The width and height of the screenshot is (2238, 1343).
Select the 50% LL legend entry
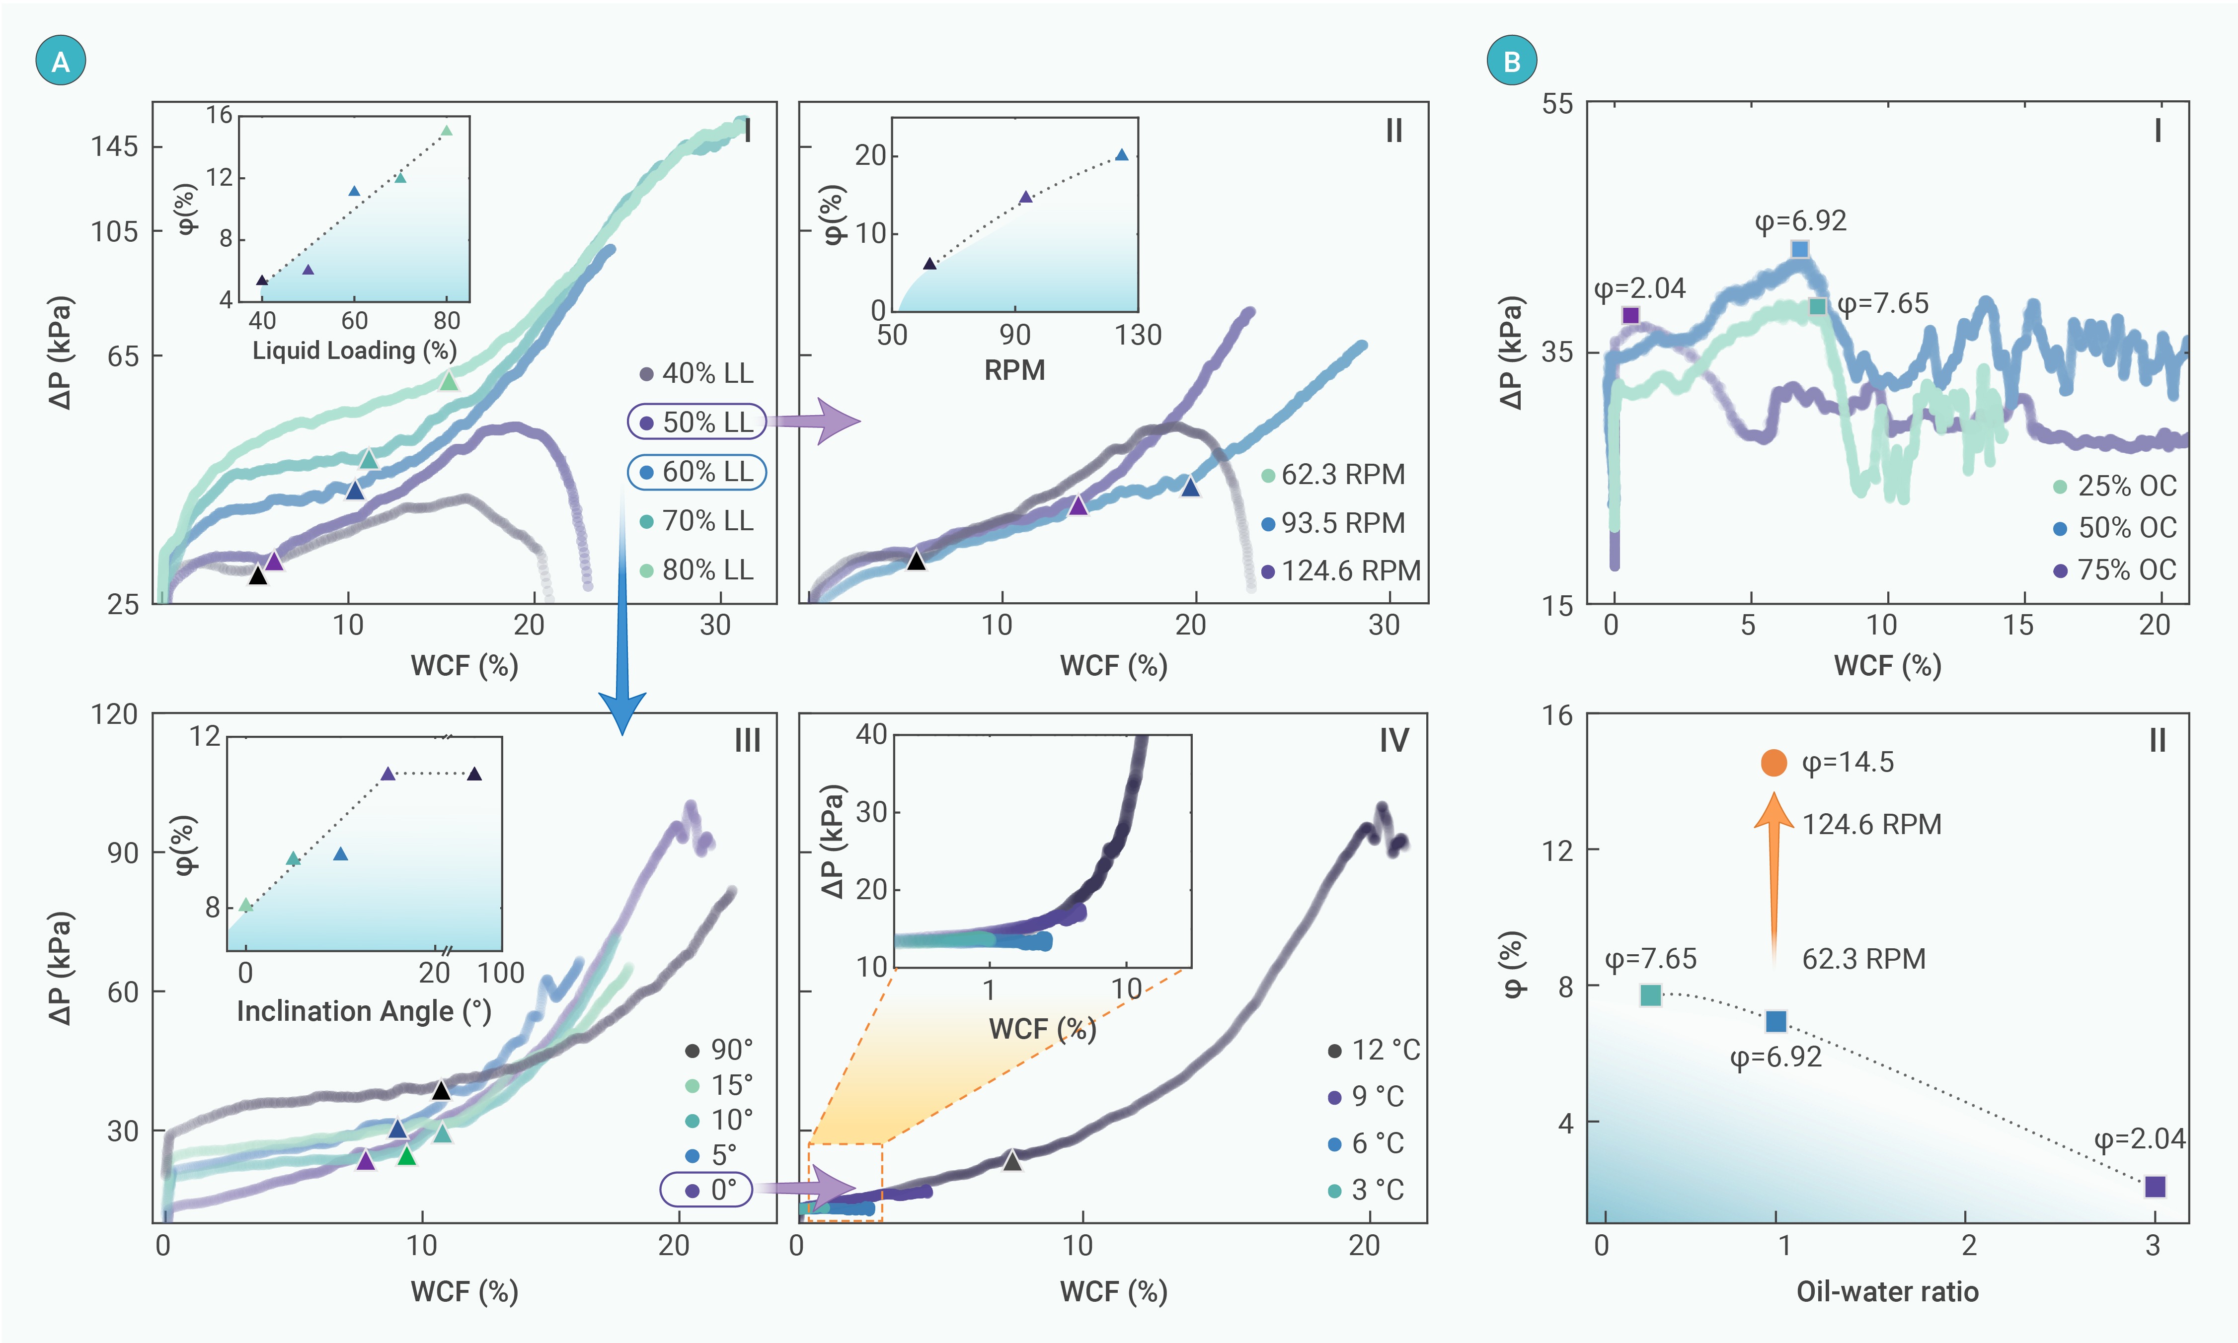[697, 422]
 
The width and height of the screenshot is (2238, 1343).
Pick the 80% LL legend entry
[697, 570]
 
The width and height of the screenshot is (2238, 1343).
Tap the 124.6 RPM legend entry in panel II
[1342, 571]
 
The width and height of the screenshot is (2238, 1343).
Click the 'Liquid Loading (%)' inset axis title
[354, 350]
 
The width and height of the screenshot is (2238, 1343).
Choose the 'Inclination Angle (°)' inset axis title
[363, 1011]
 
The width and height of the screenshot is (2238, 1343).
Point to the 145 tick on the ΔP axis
[114, 146]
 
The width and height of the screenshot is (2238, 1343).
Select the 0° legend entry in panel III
[706, 1189]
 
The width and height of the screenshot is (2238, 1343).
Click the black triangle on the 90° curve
[441, 1090]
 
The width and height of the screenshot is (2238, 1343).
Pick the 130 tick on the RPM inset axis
[1137, 336]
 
